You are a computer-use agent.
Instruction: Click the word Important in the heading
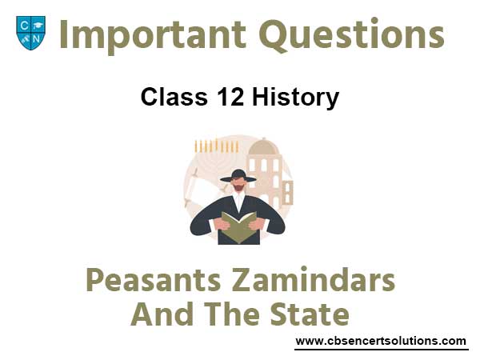153,34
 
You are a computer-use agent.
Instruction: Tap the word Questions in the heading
352,34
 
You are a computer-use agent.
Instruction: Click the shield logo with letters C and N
30,33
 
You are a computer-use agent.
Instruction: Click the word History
295,98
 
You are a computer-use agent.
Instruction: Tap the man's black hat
238,176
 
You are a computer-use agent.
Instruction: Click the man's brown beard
238,187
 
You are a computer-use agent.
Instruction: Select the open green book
239,227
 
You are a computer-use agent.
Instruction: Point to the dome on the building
263,146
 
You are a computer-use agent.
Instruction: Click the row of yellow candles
216,146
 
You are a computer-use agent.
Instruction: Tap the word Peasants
154,281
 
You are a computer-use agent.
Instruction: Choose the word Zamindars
314,279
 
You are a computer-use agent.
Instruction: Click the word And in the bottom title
162,314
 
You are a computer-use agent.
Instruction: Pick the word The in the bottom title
232,314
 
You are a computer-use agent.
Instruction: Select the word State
310,314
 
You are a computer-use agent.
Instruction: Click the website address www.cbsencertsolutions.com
381,341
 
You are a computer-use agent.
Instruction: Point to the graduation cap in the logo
38,25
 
